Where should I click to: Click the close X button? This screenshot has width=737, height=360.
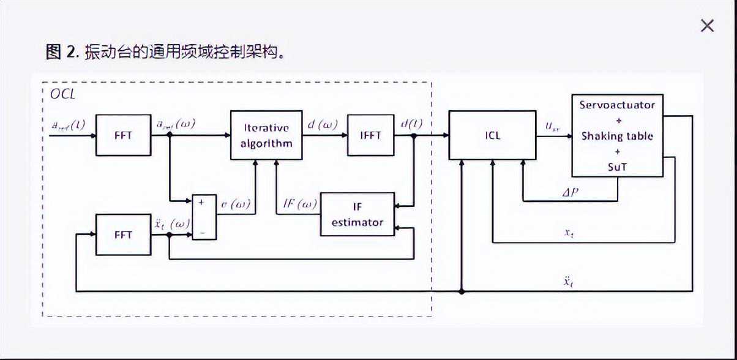point(707,26)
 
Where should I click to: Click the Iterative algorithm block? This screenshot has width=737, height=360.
point(266,135)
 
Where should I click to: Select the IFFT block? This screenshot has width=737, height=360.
point(371,135)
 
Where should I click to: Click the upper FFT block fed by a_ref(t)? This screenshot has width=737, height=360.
point(123,135)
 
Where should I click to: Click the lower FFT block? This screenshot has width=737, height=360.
point(123,234)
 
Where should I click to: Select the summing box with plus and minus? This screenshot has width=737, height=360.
point(204,217)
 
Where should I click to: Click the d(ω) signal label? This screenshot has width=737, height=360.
point(322,126)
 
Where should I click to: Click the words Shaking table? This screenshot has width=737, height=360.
point(617,136)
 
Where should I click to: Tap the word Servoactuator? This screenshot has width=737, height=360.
point(617,105)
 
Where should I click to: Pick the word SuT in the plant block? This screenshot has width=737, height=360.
point(617,166)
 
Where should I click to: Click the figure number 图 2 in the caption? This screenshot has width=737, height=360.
point(62,52)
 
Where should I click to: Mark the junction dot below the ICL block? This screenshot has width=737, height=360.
point(462,291)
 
